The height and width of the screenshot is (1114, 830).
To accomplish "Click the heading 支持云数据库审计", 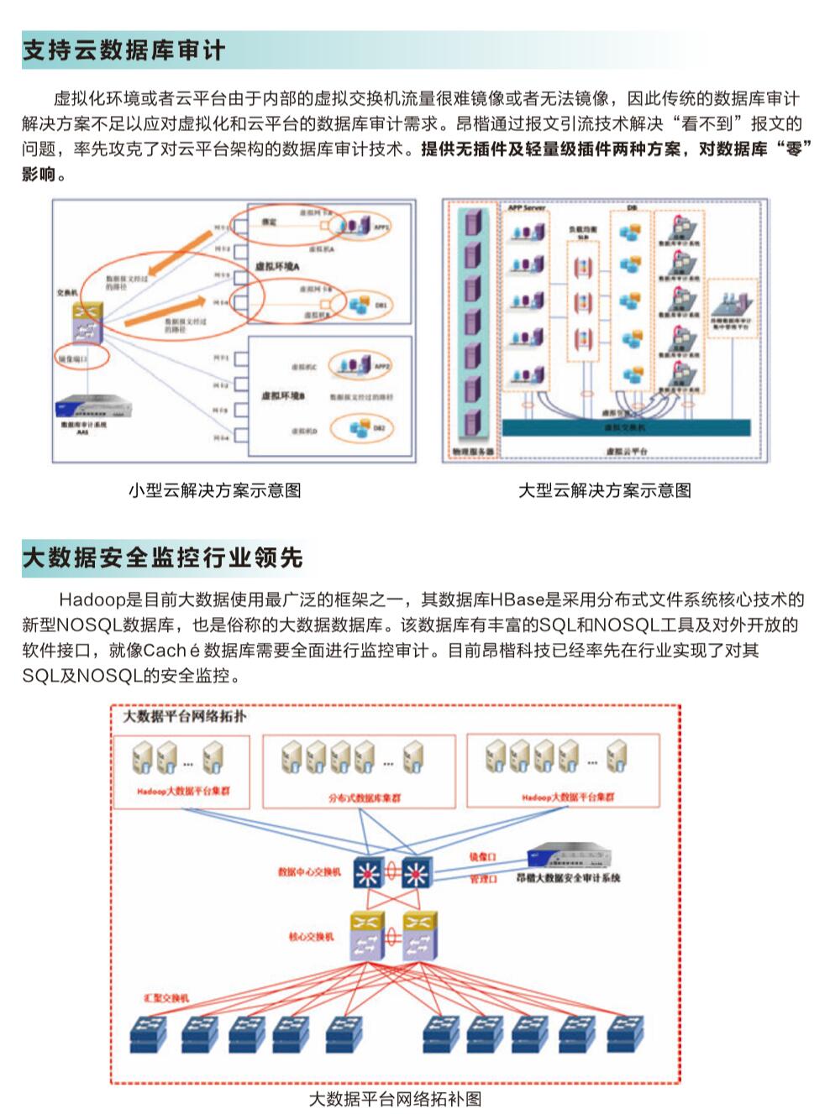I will [123, 50].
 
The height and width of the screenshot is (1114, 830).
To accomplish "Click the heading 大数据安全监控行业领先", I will [162, 557].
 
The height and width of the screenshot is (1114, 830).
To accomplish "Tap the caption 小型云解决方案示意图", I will [214, 490].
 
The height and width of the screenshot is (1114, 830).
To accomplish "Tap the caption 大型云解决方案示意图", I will [604, 490].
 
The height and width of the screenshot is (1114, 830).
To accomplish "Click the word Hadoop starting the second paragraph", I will [92, 599].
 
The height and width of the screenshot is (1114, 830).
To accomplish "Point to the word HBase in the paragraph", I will [518, 599].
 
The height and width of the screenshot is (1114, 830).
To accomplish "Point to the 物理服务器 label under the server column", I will [473, 452].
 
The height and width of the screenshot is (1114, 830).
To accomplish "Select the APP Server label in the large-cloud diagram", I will [527, 207].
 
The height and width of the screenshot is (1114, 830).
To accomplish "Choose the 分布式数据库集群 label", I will [364, 797].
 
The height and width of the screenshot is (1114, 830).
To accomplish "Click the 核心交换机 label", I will [311, 936].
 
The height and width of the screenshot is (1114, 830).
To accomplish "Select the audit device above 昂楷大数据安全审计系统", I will [569, 856].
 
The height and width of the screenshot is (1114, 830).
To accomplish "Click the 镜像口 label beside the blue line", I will [482, 857].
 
